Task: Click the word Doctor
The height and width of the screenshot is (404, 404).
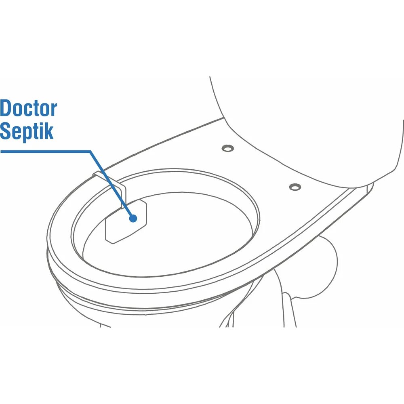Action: [x=28, y=109]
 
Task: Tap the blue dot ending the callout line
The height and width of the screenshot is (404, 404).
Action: [x=133, y=218]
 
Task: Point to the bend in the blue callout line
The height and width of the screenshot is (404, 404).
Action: [x=90, y=151]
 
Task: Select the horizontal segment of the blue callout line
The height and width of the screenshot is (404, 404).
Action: [x=44, y=151]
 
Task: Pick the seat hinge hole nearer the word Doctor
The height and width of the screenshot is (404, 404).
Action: [x=228, y=148]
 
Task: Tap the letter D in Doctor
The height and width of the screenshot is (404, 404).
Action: [x=6, y=109]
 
